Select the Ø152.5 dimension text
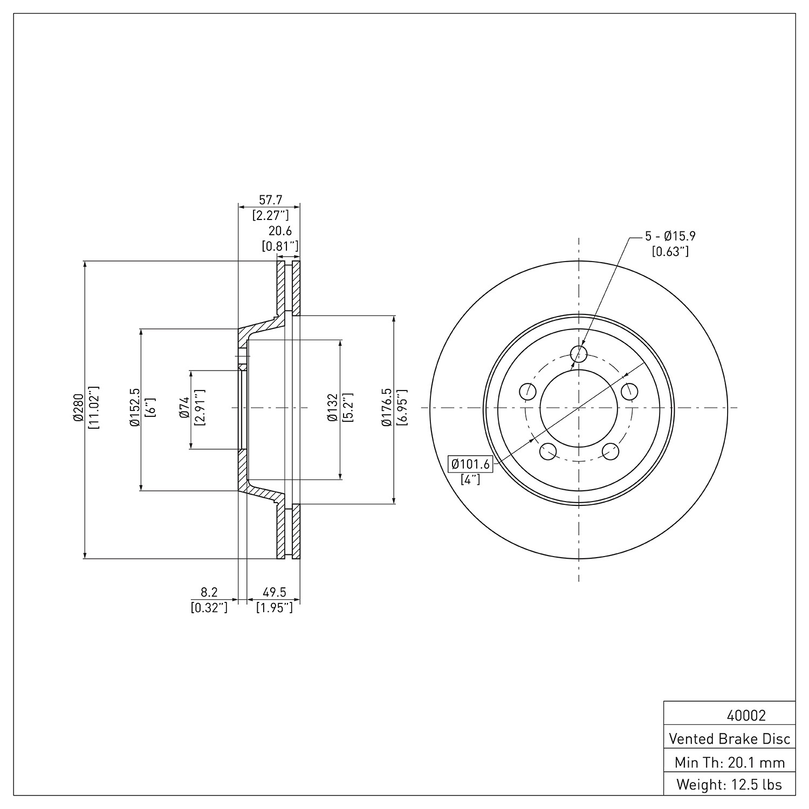coord(134,408)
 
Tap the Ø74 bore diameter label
coord(184,408)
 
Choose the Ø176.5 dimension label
coord(386,408)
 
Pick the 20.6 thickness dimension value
coord(280,231)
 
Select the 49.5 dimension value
coord(275,593)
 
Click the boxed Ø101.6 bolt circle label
coord(470,464)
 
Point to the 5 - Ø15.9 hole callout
coord(670,236)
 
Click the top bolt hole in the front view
coord(579,354)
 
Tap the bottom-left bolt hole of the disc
coord(547,451)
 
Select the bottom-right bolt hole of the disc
coord(610,451)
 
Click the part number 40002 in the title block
coord(746,716)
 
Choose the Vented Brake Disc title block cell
coord(730,738)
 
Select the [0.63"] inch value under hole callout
coord(670,251)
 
